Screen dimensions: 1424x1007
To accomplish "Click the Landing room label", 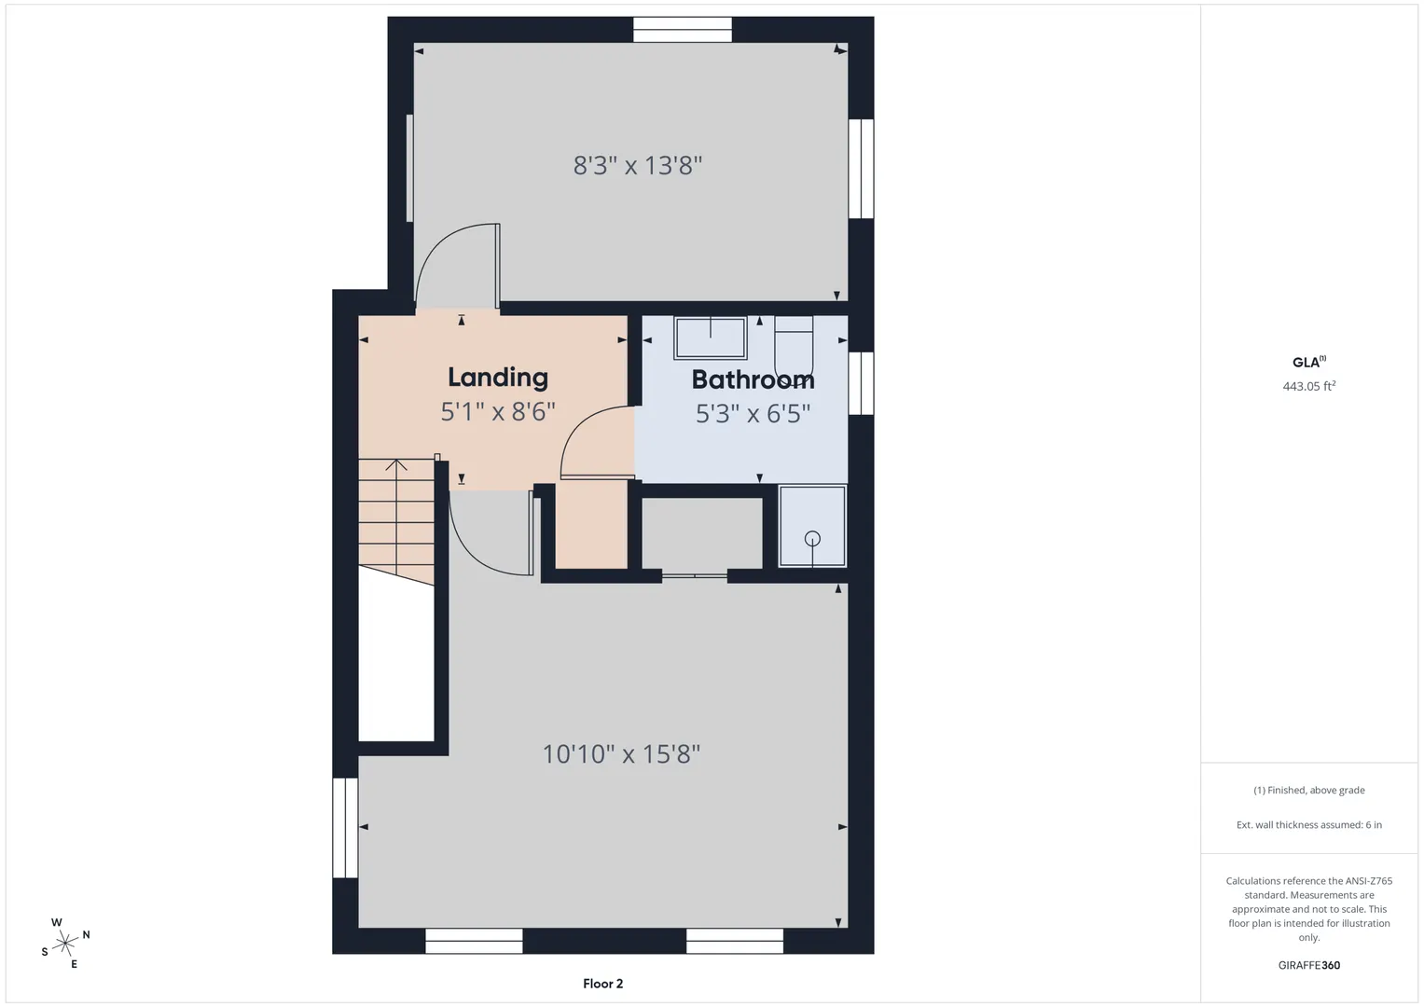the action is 498,378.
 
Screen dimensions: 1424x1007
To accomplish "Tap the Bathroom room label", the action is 753,379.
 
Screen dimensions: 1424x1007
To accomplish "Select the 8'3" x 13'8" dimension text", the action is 638,165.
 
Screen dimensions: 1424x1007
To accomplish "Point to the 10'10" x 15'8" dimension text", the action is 621,754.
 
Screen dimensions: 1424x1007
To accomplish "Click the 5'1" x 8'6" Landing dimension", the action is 498,412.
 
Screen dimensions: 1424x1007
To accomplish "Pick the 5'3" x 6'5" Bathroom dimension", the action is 753,414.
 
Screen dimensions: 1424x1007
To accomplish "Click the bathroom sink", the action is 710,338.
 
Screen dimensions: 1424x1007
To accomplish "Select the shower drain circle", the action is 812,539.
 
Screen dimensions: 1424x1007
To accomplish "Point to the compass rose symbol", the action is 65,944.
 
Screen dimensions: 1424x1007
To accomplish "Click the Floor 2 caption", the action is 602,984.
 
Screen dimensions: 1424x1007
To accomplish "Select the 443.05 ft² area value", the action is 1309,386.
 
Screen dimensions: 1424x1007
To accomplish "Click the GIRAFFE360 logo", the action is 1309,965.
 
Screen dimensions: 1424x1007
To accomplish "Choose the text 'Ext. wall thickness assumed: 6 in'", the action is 1309,824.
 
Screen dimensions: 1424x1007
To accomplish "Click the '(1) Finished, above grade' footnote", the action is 1309,791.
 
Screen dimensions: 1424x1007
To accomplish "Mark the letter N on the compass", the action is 86,934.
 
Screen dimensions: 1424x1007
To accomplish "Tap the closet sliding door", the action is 694,576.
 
